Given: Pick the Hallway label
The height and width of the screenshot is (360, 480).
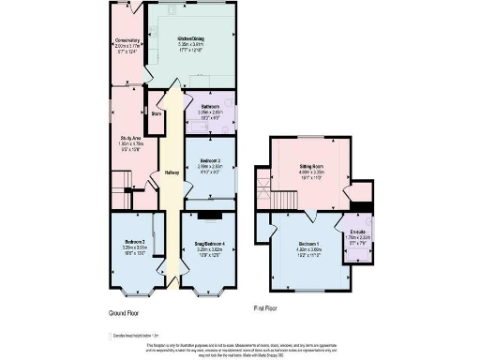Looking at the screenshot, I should click(172, 172).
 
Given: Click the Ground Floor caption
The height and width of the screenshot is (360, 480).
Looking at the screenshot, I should click(125, 312).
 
